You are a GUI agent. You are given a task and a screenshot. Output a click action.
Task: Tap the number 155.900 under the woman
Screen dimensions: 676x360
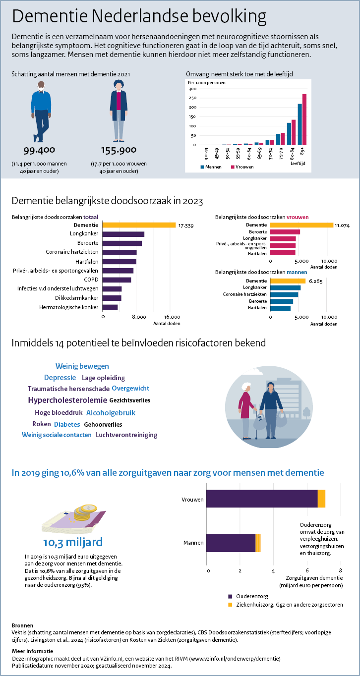119,150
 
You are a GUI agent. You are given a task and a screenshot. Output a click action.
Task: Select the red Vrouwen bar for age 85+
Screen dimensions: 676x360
304,119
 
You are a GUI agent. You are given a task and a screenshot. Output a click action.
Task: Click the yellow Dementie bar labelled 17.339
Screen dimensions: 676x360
139,225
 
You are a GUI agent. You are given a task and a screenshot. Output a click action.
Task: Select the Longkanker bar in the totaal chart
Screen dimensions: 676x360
123,234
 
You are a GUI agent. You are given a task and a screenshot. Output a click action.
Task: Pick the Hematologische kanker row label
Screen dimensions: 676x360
68,307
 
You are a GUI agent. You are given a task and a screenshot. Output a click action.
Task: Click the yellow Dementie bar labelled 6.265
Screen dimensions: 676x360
288,281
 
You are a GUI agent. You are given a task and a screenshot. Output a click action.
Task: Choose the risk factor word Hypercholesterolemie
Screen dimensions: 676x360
67,400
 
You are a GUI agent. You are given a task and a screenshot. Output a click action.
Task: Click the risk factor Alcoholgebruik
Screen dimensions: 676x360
111,412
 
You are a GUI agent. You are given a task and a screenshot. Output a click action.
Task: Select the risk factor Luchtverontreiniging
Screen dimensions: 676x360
126,435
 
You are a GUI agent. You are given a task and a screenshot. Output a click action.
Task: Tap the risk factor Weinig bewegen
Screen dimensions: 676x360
82,366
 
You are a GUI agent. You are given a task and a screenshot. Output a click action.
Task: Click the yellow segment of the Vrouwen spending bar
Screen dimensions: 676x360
321,499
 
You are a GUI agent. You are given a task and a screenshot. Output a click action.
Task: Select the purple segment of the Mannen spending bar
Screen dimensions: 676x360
231,543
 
